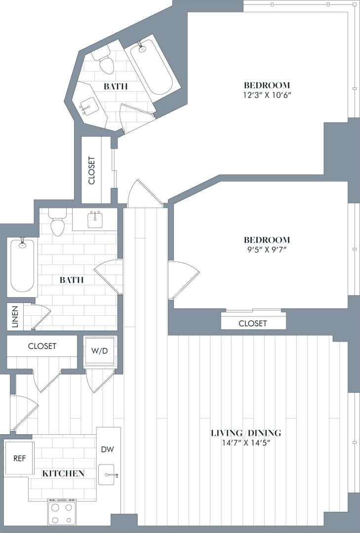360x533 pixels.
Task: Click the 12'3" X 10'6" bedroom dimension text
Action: pos(267,95)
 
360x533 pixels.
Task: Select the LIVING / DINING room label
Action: pos(246,433)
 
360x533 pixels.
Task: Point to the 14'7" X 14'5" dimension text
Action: pos(246,443)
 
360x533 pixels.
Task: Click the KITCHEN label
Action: pos(63,473)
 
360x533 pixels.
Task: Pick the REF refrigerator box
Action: pos(20,458)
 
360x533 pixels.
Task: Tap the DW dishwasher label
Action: pos(108,450)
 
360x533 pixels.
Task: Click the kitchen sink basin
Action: pos(107,475)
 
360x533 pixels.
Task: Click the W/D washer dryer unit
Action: pos(100,352)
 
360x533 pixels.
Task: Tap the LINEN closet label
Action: pos(15,317)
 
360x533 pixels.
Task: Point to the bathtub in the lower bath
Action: pos(23,265)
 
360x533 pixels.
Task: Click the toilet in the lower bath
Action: pos(58,223)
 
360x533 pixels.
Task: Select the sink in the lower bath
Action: pos(95,219)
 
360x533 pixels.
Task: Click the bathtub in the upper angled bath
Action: pos(152,68)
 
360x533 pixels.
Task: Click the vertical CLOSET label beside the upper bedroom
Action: pos(92,171)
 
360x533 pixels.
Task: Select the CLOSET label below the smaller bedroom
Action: pos(253,323)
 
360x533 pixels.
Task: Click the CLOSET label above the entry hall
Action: pos(42,346)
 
